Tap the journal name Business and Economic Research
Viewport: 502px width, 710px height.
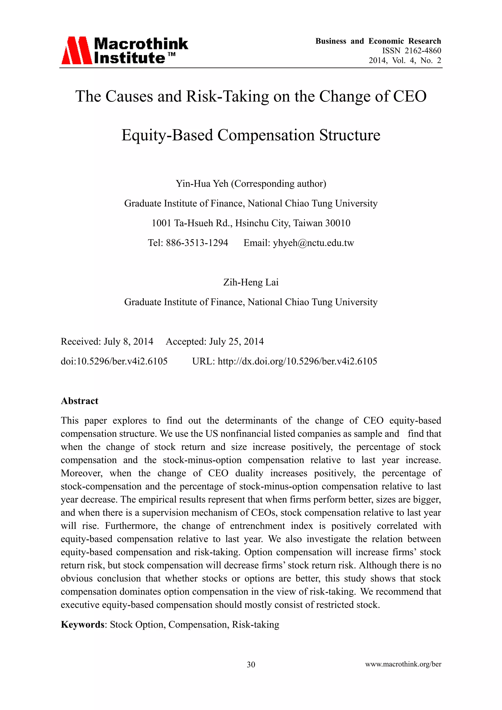tap(378, 41)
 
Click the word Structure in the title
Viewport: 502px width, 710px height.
tap(350, 135)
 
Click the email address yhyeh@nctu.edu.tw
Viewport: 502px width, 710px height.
tap(313, 243)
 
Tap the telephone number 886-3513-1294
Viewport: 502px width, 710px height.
tap(197, 243)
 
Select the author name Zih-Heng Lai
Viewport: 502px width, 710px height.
tap(251, 282)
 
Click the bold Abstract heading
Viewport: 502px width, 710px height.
tap(79, 401)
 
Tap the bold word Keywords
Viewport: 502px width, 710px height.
tap(83, 624)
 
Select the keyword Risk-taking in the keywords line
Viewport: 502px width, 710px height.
tap(255, 624)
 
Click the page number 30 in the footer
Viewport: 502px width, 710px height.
tap(251, 665)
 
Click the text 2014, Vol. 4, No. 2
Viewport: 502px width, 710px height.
tap(405, 60)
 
